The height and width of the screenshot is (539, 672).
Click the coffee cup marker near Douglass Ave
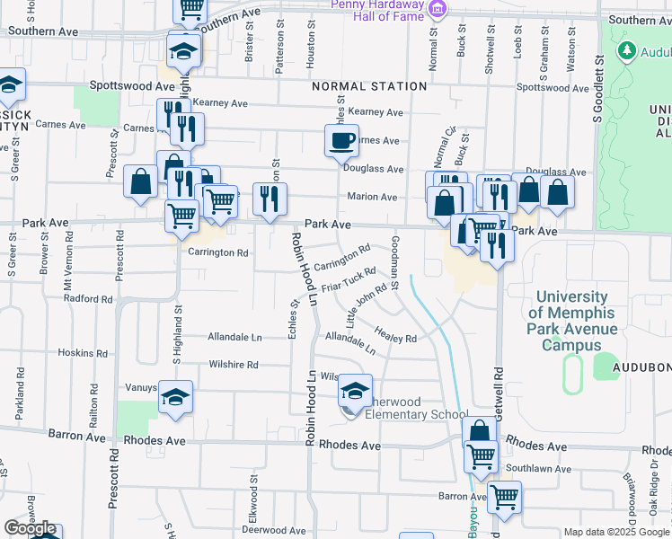point(341,141)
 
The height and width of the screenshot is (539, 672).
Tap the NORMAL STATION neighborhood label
point(369,87)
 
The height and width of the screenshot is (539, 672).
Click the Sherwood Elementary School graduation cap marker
point(355,391)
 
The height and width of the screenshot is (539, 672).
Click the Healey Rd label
point(396,334)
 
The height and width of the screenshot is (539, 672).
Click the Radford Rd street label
point(87,299)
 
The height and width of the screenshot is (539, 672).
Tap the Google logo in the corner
point(30,529)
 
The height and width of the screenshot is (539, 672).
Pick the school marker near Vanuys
point(175,396)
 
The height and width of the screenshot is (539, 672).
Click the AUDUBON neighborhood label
point(641,368)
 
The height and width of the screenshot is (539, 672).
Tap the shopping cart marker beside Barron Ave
point(504,496)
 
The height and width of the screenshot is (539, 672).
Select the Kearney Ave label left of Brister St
point(220,103)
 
